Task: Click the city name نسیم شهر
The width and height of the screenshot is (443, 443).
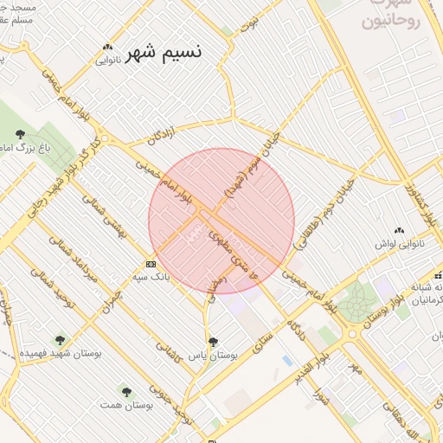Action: pos(164,52)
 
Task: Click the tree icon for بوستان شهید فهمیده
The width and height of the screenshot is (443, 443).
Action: pos(60,340)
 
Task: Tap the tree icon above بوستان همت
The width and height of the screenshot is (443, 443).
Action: pos(126,392)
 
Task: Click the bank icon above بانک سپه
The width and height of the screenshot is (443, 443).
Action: pos(151,264)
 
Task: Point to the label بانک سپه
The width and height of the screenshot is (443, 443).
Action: pos(149,277)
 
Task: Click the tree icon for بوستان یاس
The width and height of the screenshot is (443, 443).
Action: pos(213,341)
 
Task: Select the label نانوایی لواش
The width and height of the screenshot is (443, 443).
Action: pos(397,244)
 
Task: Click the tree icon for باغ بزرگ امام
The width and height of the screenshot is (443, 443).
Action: pos(19,133)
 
